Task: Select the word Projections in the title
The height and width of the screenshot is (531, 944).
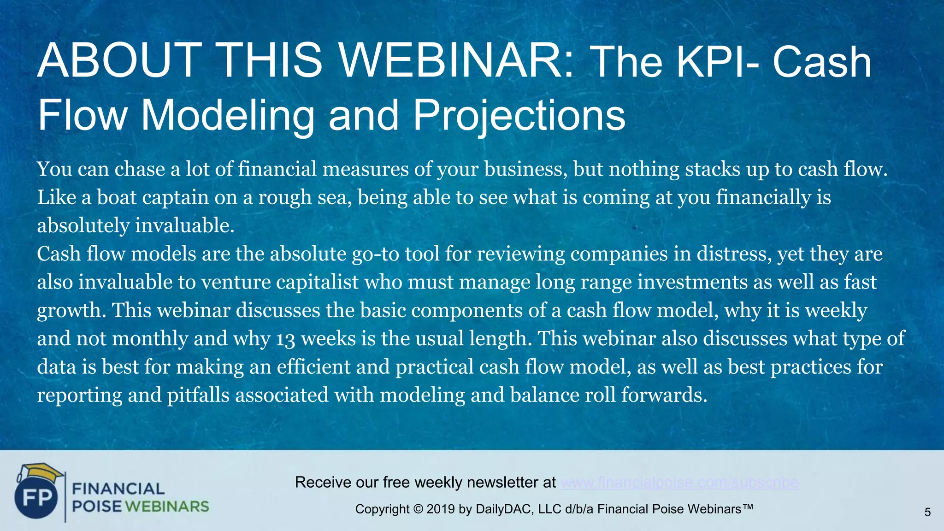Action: tap(519, 115)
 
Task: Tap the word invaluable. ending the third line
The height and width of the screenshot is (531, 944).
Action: tap(184, 226)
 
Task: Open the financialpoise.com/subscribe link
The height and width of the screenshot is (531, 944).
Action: tap(679, 482)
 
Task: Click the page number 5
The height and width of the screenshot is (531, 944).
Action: tap(927, 512)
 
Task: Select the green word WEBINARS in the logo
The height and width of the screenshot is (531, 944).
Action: tap(167, 507)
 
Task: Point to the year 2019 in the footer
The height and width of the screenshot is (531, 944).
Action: tap(441, 509)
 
